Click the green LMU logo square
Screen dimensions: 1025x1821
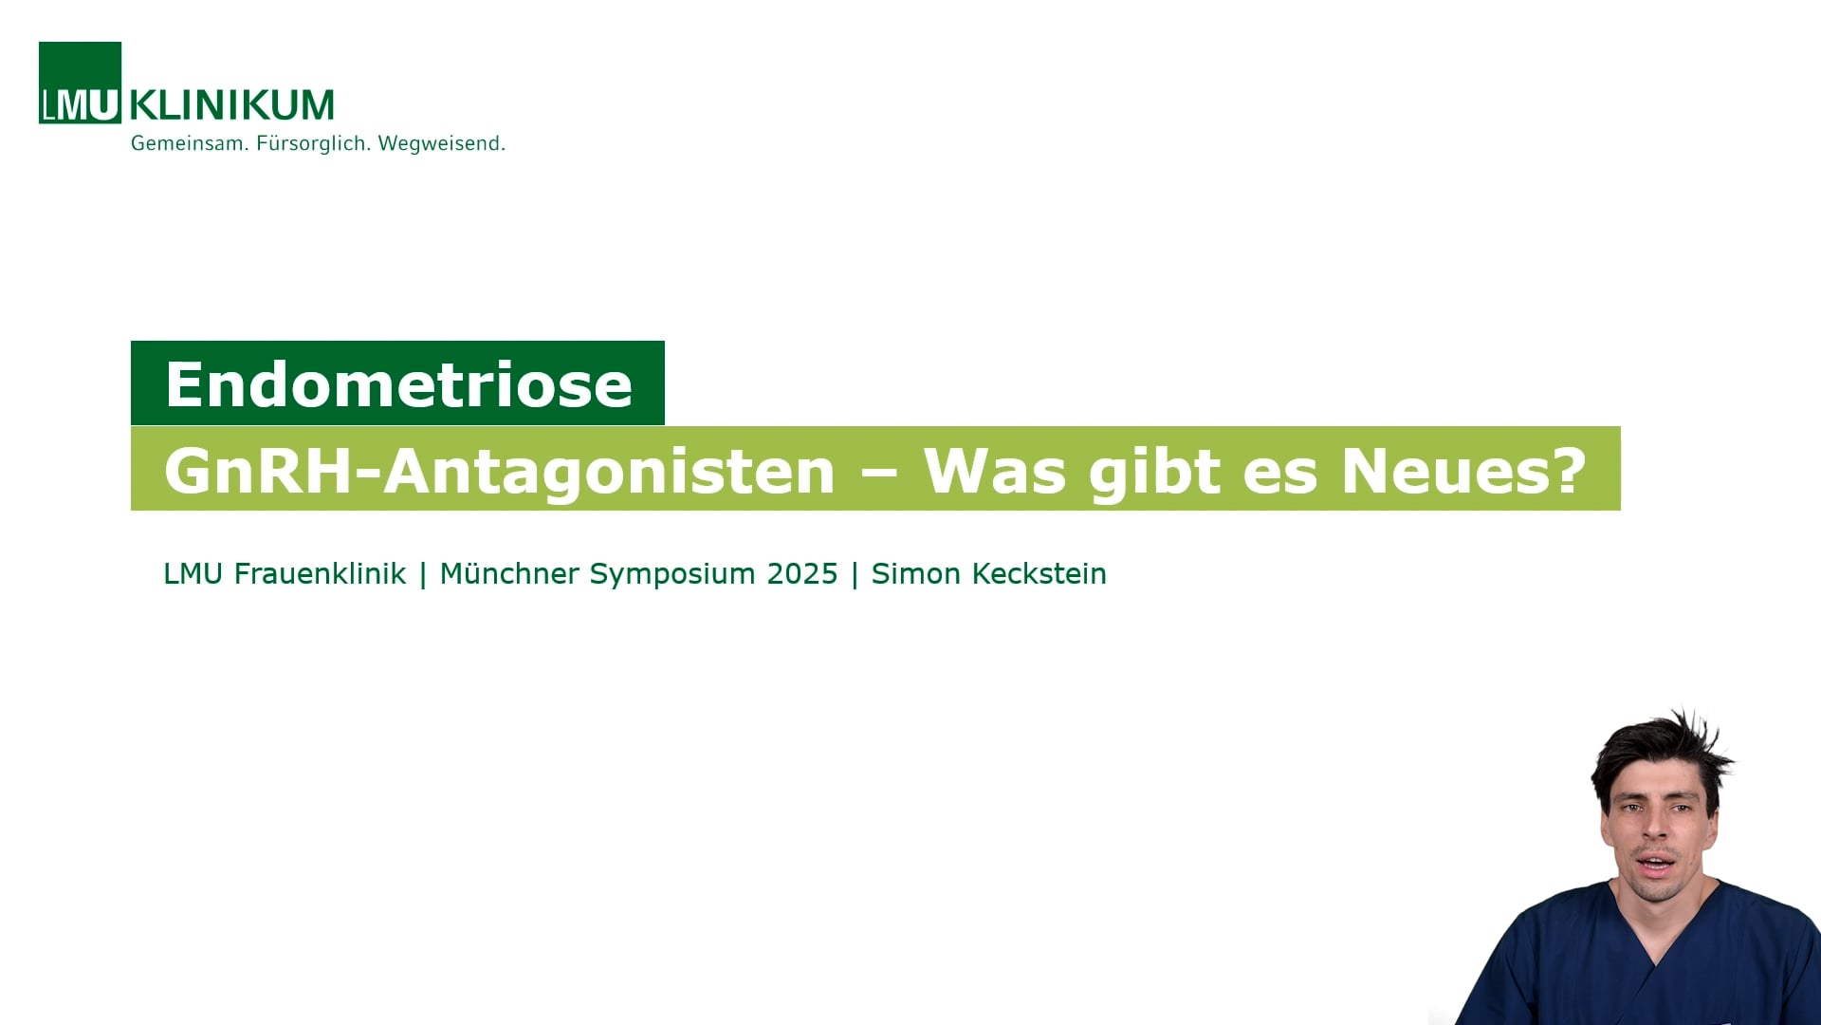tap(80, 83)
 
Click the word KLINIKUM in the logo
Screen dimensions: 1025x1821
tap(231, 104)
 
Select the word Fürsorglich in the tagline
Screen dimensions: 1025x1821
tap(313, 144)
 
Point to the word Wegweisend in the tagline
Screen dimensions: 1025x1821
tap(441, 144)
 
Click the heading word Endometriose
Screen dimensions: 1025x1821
tap(398, 384)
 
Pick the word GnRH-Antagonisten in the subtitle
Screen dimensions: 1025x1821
tap(499, 471)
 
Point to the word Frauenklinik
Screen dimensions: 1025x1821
tap(320, 574)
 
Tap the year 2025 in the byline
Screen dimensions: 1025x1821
tap(802, 574)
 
